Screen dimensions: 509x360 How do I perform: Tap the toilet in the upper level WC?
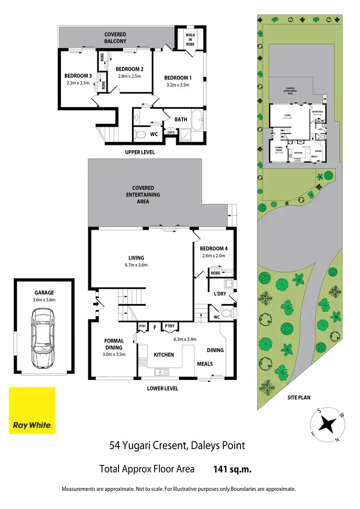140,134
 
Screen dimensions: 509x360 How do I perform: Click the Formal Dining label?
114,344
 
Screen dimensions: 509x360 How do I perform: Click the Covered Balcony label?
115,38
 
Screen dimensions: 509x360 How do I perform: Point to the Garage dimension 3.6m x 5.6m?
44,300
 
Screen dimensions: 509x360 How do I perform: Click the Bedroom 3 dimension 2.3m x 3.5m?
78,83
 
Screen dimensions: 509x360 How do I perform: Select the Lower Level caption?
162,388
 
